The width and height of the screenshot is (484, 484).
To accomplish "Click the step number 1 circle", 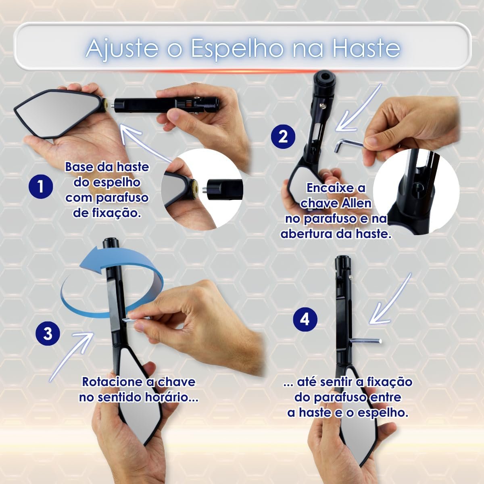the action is point(41,187).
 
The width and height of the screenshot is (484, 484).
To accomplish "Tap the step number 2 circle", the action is point(283,137).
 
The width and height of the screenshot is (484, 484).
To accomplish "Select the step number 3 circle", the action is point(48,334).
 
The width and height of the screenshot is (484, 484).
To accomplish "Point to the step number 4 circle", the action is point(305,319).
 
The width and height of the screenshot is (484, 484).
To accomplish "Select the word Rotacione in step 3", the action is point(112,382).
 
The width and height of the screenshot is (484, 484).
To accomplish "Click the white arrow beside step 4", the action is point(390,298).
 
